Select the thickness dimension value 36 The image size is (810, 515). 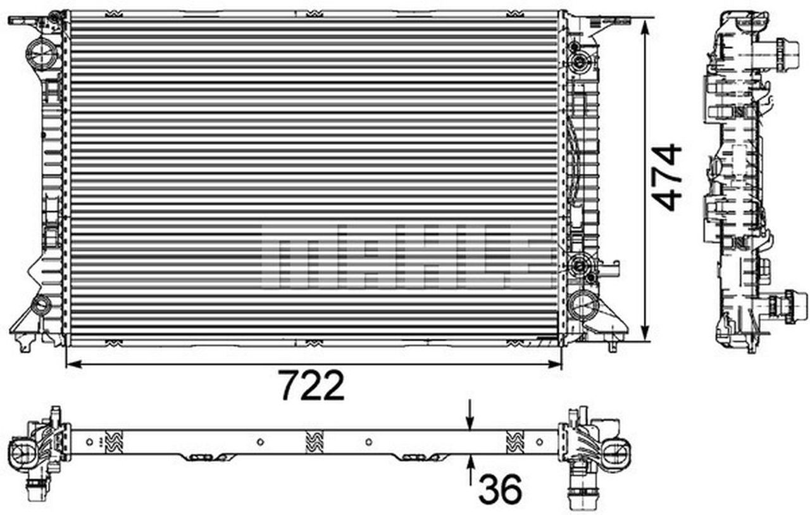tap(500, 488)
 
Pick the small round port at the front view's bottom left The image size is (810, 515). tap(41, 305)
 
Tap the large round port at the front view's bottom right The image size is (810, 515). tap(582, 305)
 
